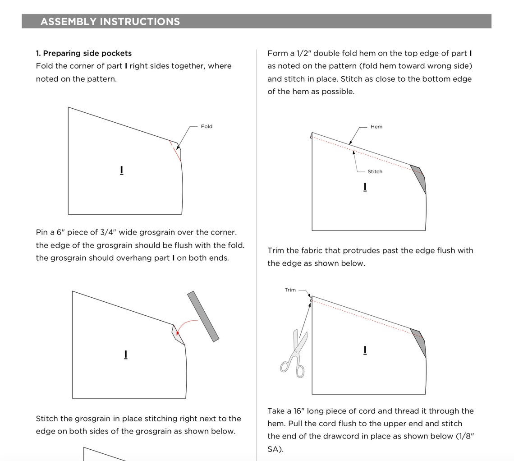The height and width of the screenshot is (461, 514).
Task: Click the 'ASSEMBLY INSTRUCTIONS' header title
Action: point(110,22)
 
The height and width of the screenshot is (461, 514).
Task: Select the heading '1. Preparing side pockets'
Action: point(83,53)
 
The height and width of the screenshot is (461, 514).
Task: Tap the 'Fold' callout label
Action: point(207,127)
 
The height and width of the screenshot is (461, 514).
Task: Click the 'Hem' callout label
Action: point(376,127)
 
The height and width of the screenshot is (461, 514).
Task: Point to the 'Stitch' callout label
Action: point(375,171)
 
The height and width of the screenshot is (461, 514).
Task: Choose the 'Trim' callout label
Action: point(290,290)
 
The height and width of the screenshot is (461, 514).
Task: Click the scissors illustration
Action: point(294,354)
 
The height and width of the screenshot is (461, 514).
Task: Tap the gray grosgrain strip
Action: point(203,316)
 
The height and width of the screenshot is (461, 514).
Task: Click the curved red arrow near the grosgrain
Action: point(185,326)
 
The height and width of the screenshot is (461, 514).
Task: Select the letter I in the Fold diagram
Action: point(122,170)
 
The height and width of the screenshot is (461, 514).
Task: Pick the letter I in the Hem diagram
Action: point(365,187)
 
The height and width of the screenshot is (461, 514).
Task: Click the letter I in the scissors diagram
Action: point(365,350)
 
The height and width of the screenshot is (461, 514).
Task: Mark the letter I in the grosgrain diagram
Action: point(125,355)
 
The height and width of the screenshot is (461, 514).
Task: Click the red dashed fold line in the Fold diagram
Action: point(175,151)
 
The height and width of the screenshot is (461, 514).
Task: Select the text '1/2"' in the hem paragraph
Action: point(304,53)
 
